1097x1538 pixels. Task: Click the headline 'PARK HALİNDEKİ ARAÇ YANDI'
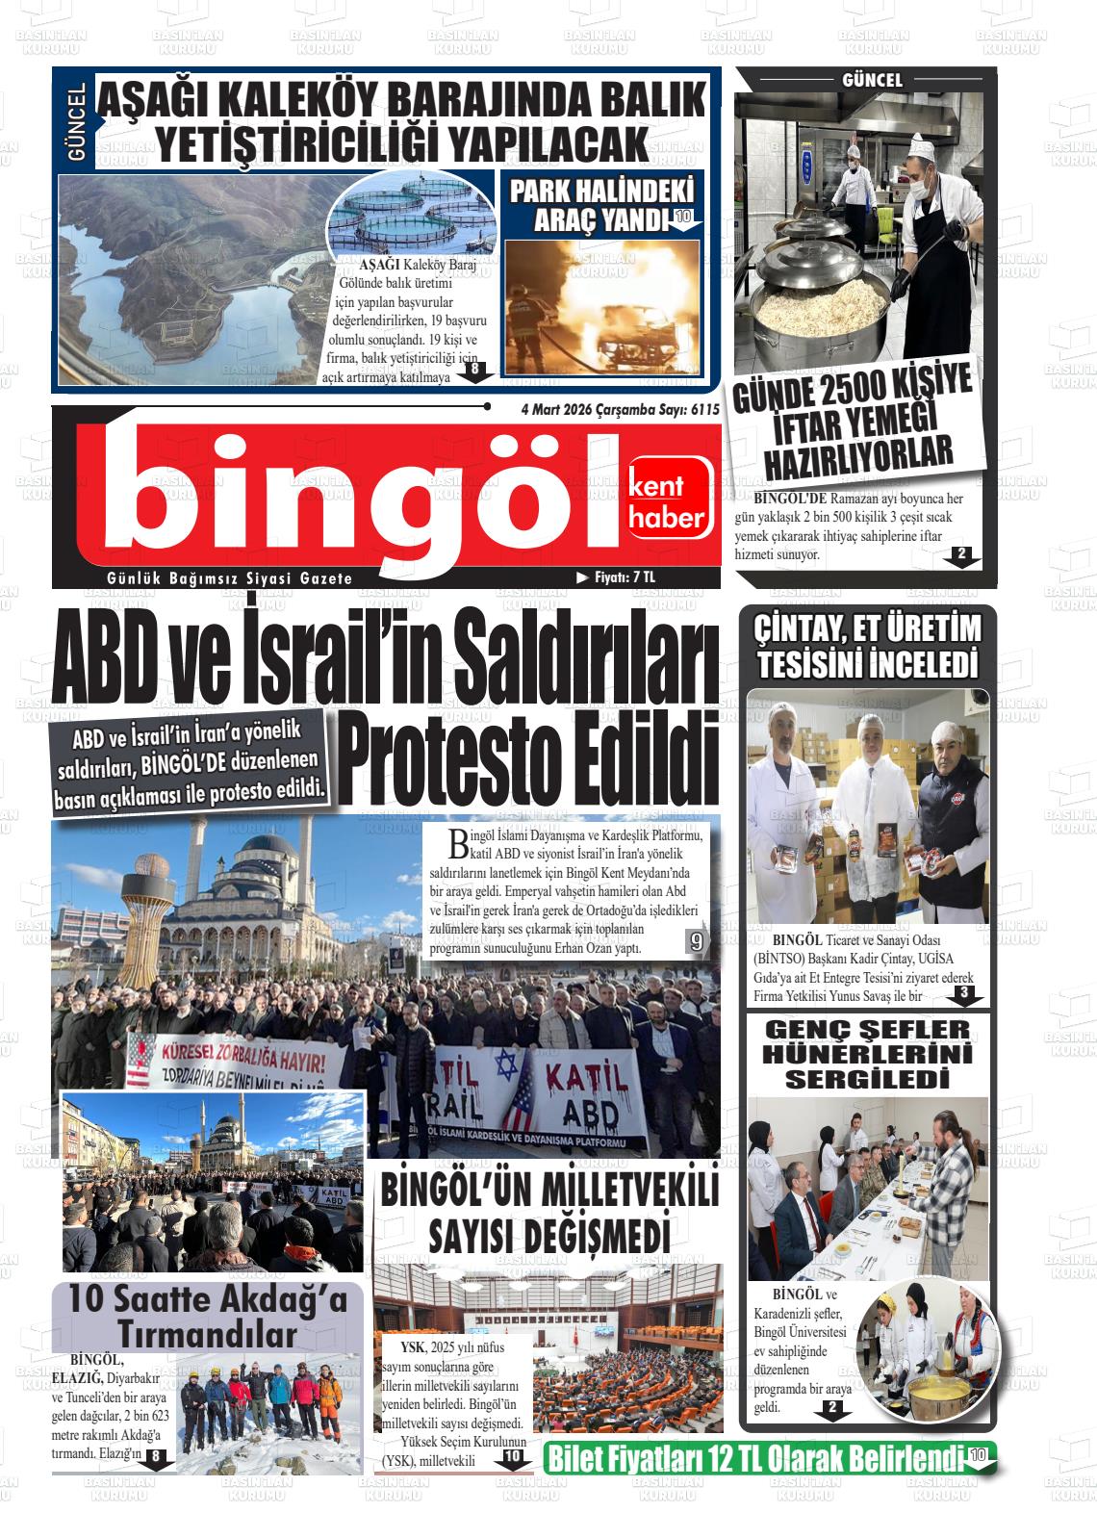[600, 204]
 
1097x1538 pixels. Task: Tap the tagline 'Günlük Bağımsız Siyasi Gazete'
[230, 578]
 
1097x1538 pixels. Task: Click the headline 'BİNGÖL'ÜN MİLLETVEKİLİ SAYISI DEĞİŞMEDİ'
[549, 1212]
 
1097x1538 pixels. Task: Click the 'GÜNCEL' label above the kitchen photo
[872, 81]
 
